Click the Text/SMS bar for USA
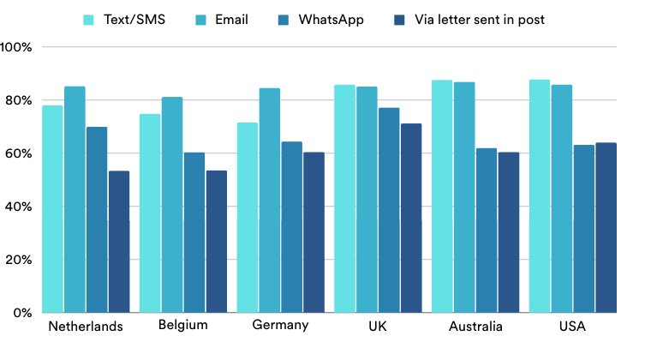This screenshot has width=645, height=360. (540, 196)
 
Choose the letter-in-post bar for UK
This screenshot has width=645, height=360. (411, 218)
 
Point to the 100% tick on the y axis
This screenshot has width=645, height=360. (16, 47)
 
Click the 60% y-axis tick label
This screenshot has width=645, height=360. (18, 153)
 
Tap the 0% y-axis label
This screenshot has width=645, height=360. (21, 313)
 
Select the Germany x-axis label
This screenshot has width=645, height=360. (281, 326)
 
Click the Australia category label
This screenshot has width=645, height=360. (475, 327)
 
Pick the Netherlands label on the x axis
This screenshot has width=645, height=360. (86, 327)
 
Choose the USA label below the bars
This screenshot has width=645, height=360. (573, 327)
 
